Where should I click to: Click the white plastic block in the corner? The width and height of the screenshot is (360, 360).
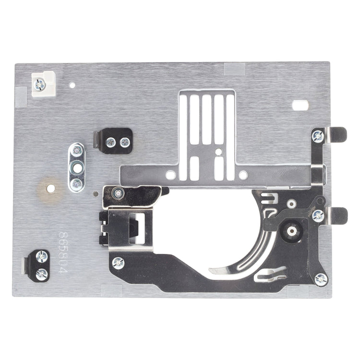coord(44,84)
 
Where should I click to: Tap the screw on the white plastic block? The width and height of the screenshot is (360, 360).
coord(39,84)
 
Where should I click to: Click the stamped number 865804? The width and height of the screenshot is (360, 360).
coord(63,253)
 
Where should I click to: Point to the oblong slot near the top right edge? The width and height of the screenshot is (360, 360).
coord(300,105)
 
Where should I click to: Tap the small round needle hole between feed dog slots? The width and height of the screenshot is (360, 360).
coord(219,152)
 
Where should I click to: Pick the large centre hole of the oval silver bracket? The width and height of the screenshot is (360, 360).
coord(77,168)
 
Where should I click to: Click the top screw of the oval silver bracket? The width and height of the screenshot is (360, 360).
coord(77,151)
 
